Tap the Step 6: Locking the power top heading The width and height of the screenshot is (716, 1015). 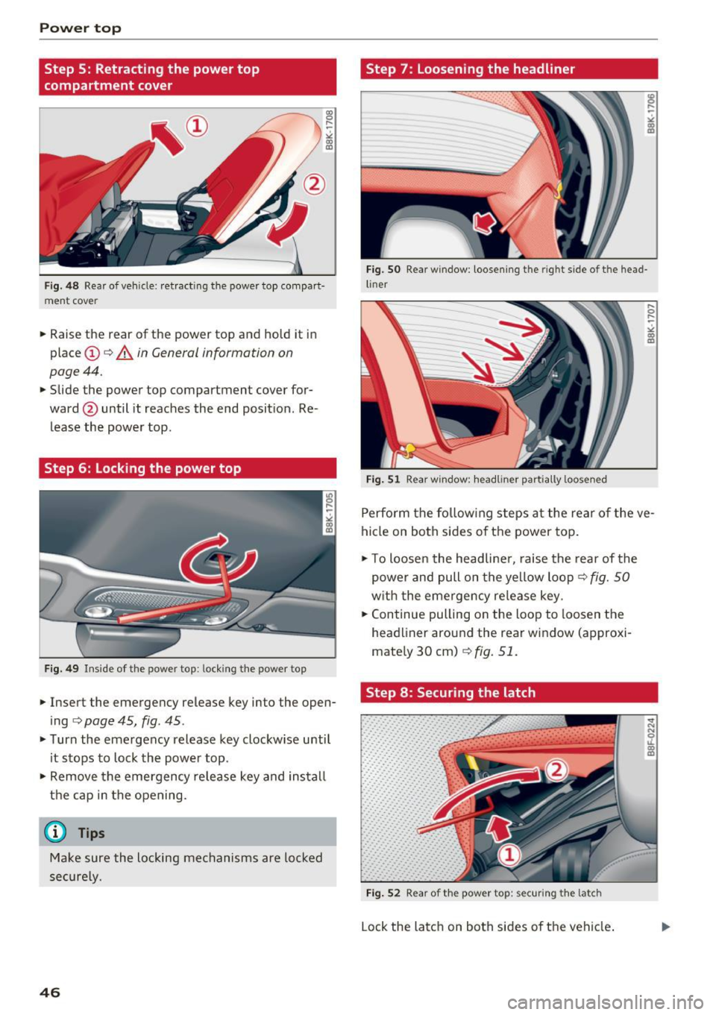pos(142,468)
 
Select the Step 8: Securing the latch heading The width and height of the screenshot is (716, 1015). pos(450,692)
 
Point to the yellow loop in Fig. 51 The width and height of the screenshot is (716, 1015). pos(406,449)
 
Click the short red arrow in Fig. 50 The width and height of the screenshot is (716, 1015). pos(486,222)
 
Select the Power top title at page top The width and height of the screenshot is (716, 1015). pos(81,28)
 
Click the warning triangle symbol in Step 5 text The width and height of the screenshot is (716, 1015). pos(122,353)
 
